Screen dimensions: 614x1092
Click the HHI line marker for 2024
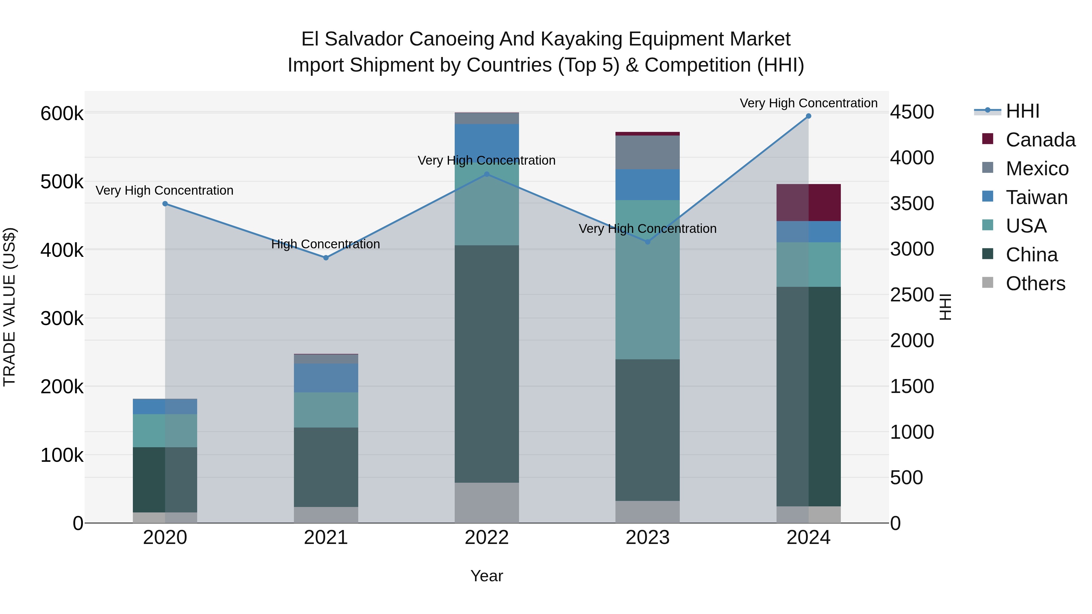click(x=808, y=116)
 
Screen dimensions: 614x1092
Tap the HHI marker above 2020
click(x=165, y=204)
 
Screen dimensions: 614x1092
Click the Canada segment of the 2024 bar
click(x=808, y=203)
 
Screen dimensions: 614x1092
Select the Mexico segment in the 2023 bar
click(x=647, y=153)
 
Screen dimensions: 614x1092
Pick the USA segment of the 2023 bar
click(x=647, y=280)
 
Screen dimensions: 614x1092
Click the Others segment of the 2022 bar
click(x=487, y=502)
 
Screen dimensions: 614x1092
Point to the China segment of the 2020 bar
click(x=165, y=480)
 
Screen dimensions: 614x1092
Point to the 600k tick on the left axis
click(x=62, y=114)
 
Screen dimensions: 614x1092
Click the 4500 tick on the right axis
click(x=912, y=112)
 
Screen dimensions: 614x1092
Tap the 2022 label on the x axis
click(x=487, y=538)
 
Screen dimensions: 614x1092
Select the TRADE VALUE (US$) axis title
click(x=9, y=307)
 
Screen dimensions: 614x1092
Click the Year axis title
click(x=487, y=576)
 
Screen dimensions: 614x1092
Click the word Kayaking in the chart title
click(x=581, y=39)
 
